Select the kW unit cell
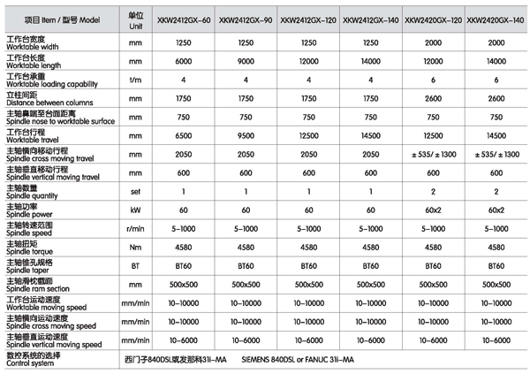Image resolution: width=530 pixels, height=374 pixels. pos(135,210)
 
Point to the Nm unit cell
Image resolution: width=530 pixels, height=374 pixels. pos(135,248)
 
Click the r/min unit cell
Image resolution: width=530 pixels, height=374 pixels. pos(135,229)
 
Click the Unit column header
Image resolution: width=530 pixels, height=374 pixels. pos(135,18)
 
